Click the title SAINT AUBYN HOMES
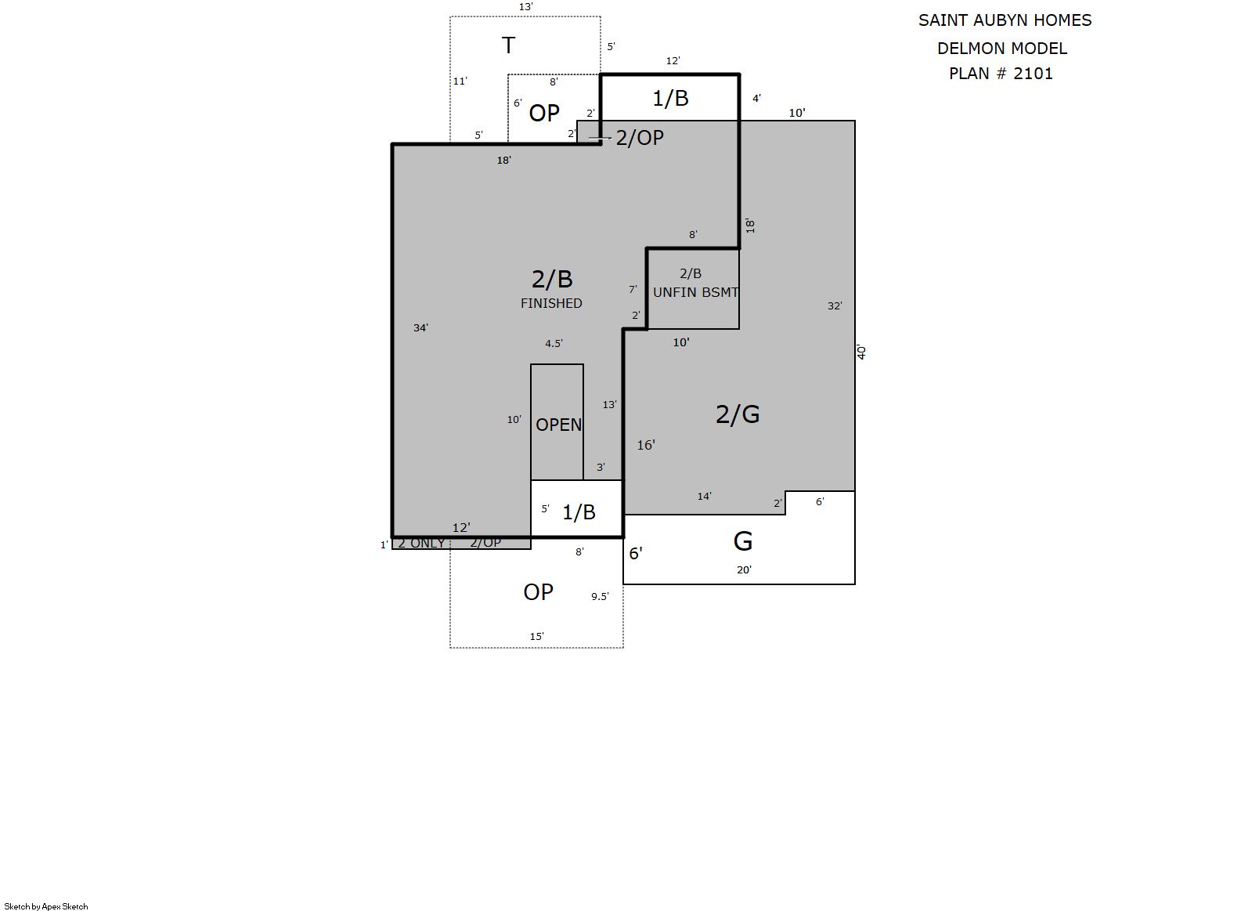click(1005, 20)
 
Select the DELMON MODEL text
click(1002, 49)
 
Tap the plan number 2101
click(1034, 74)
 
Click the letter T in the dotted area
click(508, 45)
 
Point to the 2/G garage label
click(738, 414)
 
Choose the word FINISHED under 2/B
click(551, 304)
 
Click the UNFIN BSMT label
click(696, 293)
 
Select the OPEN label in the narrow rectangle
click(558, 425)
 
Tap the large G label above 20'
click(743, 541)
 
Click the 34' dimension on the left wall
click(420, 328)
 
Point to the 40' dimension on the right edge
click(861, 352)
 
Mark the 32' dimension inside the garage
click(835, 305)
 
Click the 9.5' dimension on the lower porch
click(600, 597)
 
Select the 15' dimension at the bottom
click(536, 637)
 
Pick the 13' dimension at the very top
click(526, 7)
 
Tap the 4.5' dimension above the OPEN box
click(554, 344)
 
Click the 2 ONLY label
click(421, 544)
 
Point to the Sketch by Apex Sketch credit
click(46, 906)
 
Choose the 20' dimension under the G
click(744, 569)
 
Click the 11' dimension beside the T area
click(460, 81)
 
